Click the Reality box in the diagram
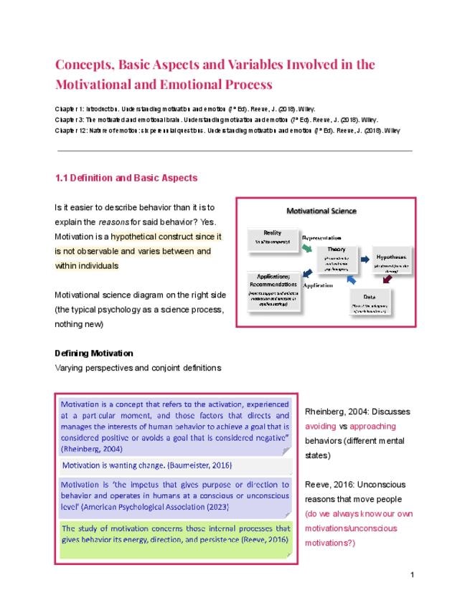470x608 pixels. click(x=273, y=237)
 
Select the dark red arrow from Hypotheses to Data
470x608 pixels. click(x=388, y=278)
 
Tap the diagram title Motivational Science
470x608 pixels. click(x=321, y=211)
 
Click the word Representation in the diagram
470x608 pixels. click(x=321, y=237)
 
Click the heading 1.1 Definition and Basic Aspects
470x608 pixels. click(x=126, y=178)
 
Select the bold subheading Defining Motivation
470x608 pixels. click(x=94, y=353)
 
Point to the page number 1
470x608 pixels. click(x=413, y=575)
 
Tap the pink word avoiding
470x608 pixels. click(x=320, y=425)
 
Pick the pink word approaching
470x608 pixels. click(x=374, y=425)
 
